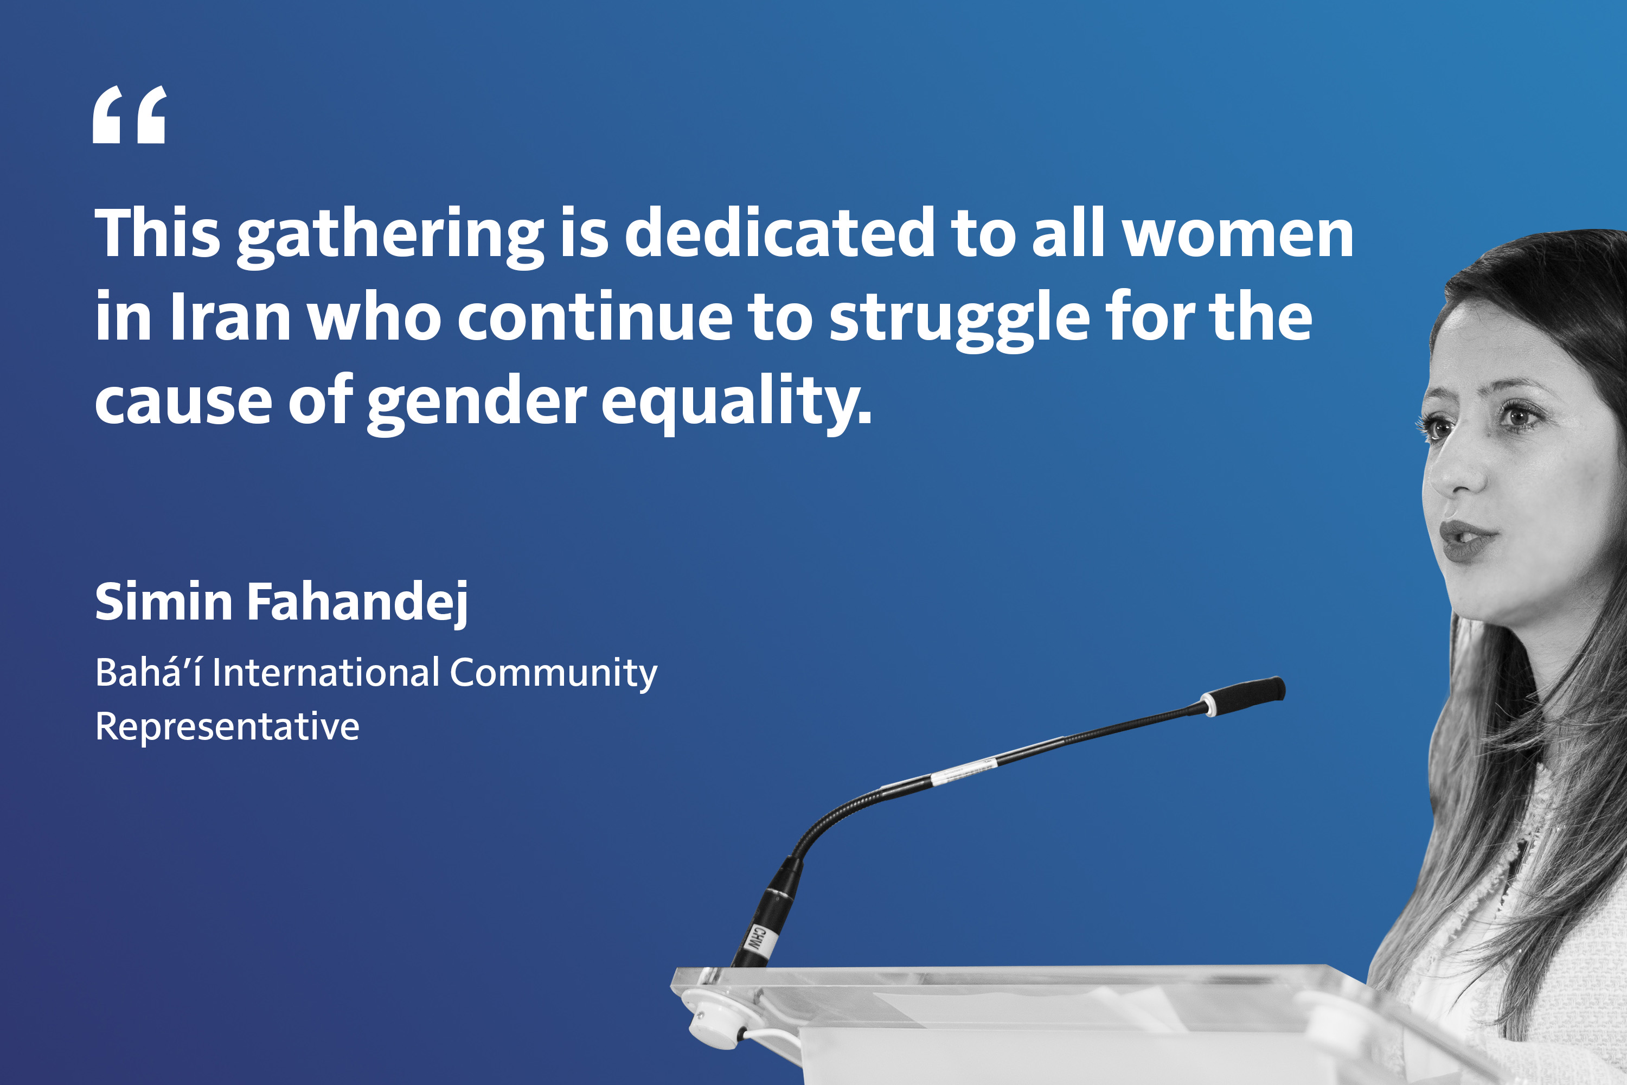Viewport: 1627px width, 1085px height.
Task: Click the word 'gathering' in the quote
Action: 390,236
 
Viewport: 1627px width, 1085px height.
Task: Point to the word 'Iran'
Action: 230,316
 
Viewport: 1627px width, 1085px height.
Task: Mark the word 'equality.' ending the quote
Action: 736,404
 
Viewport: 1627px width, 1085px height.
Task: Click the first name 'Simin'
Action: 164,601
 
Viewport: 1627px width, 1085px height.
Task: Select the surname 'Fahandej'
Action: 357,603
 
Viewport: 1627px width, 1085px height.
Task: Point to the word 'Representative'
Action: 227,726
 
